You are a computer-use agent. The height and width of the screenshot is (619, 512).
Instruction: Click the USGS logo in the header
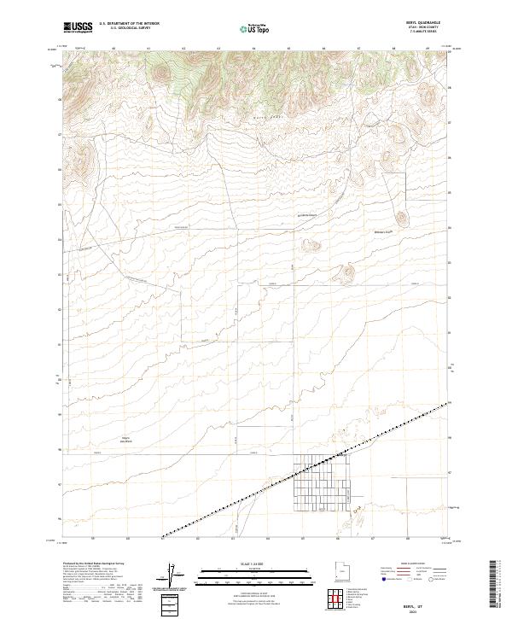79,27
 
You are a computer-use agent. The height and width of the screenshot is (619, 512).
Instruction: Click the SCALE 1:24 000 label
245,564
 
